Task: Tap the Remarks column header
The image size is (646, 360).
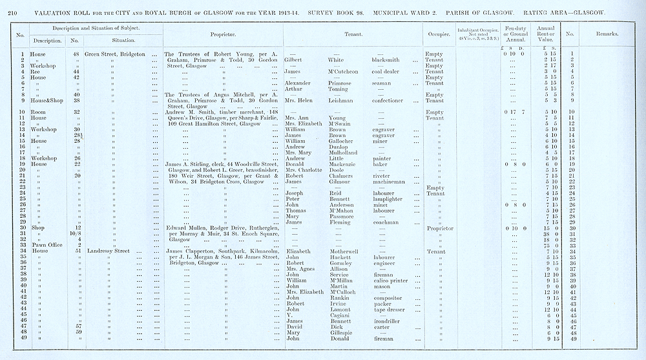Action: (607, 33)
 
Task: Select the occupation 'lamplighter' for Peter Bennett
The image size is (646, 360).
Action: (388, 199)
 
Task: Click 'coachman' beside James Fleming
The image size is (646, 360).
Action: (384, 222)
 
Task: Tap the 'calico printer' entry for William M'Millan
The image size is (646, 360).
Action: (390, 281)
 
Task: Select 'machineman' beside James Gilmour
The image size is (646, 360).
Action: (389, 182)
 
